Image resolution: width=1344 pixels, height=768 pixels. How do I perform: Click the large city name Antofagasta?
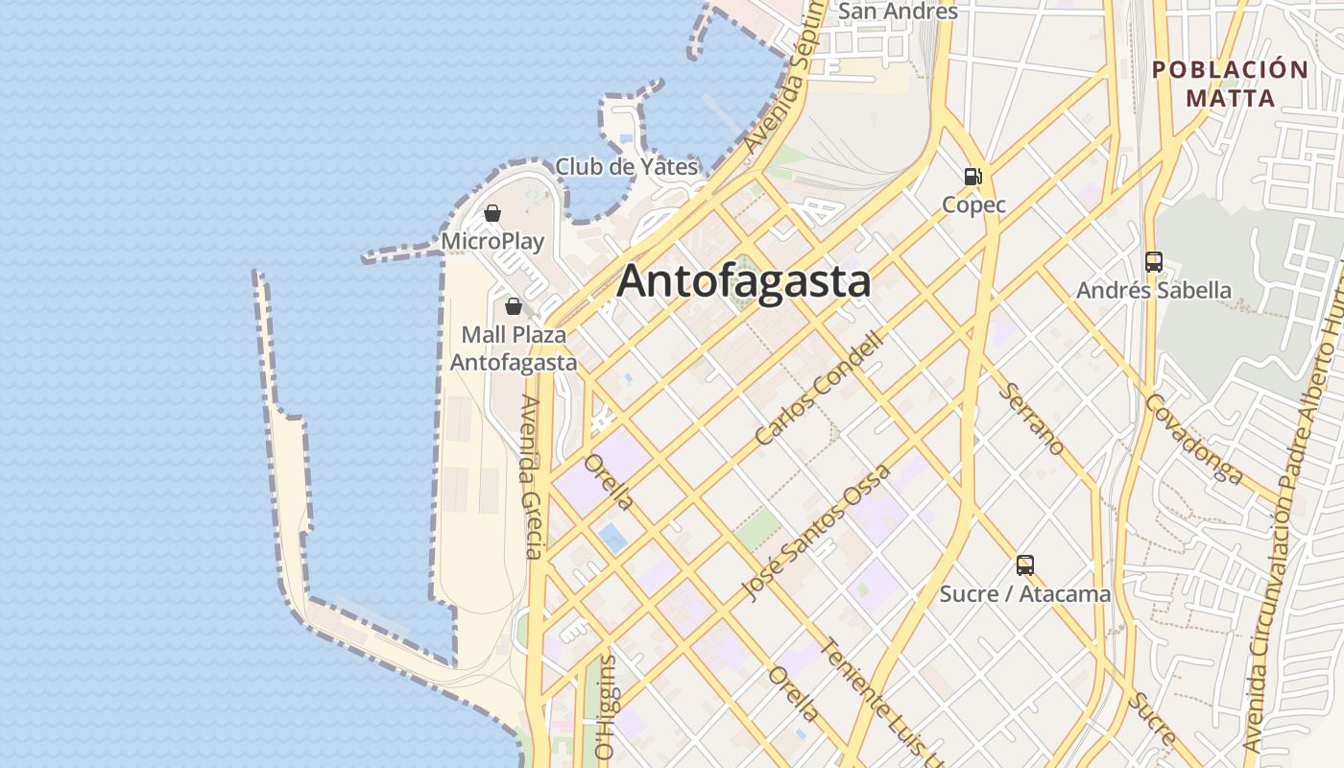744,281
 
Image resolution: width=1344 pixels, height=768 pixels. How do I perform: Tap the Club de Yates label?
626,166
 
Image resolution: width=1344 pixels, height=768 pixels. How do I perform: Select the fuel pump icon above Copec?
973,177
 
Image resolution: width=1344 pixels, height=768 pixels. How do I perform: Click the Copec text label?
973,204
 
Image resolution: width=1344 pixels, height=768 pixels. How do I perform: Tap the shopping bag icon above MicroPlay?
492,213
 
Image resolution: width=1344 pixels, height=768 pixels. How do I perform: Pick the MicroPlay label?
492,241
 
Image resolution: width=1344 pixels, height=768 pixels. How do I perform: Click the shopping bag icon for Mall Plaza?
514,306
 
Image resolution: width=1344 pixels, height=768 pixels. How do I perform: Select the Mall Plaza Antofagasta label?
514,348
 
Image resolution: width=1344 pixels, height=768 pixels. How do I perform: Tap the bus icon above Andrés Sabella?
1154,261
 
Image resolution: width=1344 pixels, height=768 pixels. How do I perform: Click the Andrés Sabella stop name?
1154,290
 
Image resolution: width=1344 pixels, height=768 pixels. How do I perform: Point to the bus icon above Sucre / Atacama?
1025,565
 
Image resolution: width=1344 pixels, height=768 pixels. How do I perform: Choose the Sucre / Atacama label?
1025,594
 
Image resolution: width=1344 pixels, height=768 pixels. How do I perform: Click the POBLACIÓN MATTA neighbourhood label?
1231,84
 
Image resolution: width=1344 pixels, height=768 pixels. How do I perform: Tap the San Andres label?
898,12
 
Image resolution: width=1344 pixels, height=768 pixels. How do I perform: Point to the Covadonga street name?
1194,438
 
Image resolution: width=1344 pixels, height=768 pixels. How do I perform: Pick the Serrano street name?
1031,419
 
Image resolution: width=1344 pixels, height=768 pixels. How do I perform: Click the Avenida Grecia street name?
533,476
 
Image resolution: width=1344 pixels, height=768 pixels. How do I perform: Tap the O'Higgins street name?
606,708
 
